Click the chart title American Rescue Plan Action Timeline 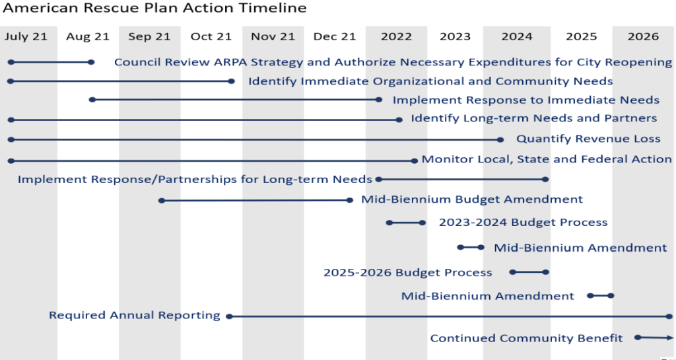(x=154, y=8)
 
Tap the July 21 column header (x=26, y=36)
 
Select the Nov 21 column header (x=273, y=36)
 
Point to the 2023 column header (x=455, y=36)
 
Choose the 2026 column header (x=643, y=36)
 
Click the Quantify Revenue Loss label (x=588, y=139)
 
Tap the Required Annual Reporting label (x=135, y=315)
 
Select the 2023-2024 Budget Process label (x=523, y=223)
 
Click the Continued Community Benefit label (x=526, y=338)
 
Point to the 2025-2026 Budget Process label (x=408, y=273)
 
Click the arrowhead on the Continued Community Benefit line (x=671, y=338)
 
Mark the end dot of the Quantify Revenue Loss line (x=500, y=139)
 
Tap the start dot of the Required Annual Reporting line (x=229, y=316)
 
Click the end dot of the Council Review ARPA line (x=91, y=62)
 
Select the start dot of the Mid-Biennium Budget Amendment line (x=162, y=201)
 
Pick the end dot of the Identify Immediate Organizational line (x=231, y=81)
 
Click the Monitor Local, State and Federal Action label (x=547, y=159)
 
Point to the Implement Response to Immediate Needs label (x=526, y=100)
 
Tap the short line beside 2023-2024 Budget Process (x=406, y=223)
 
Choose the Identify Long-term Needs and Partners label (x=533, y=118)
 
